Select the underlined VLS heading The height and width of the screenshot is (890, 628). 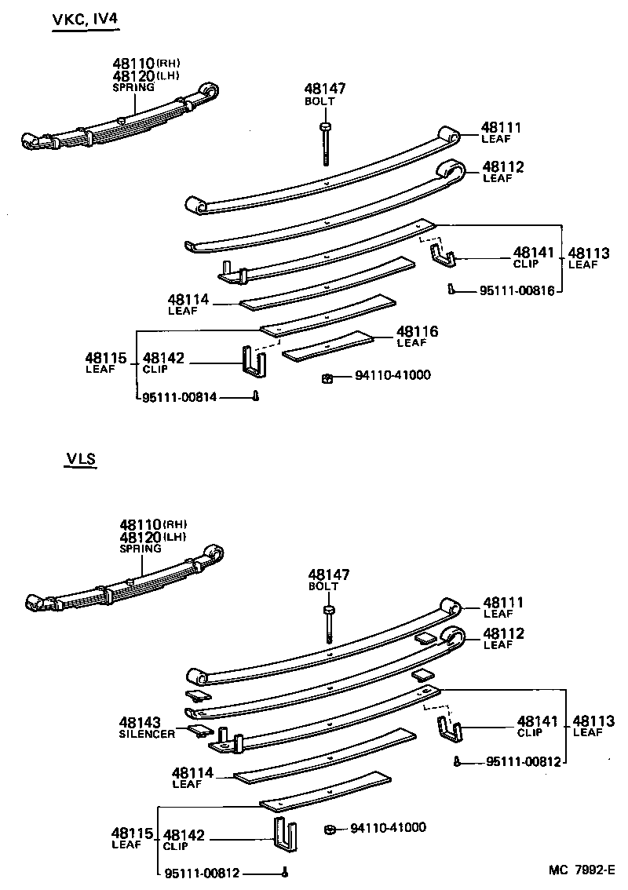80,459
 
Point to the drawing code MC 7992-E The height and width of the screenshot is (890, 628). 582,870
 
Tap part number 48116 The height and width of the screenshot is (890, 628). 417,332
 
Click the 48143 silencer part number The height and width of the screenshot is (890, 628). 141,722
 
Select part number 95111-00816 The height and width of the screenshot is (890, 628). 517,290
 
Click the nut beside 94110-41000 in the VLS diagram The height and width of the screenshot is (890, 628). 332,829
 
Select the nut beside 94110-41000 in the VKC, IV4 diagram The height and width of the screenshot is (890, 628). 328,379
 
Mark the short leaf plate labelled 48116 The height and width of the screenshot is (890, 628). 329,346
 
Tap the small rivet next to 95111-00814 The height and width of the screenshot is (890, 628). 256,397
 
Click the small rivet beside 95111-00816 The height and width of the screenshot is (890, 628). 451,290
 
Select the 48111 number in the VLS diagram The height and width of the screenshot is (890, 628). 502,602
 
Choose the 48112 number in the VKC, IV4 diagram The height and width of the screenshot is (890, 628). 502,166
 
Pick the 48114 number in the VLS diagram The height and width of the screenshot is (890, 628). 190,773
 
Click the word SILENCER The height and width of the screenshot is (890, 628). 147,734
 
